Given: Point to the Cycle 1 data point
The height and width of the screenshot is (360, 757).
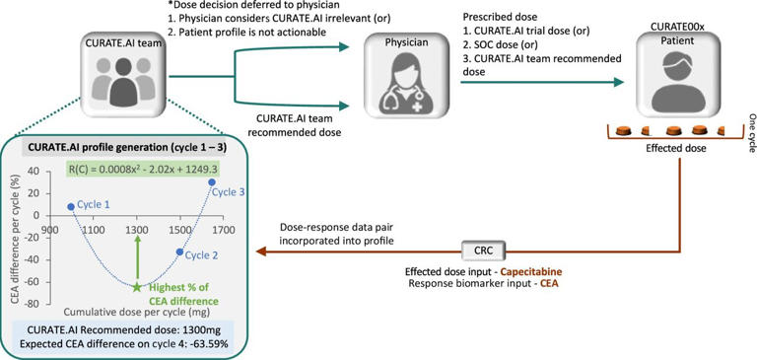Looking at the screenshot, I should click(71, 206).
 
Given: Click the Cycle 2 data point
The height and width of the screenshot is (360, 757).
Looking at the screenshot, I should click(179, 252).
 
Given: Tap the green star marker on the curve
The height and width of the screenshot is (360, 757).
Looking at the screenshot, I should click(137, 287).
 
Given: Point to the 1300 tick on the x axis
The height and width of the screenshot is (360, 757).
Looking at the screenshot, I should click(137, 230).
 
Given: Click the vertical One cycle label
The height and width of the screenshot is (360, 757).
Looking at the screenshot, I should click(746, 126).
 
